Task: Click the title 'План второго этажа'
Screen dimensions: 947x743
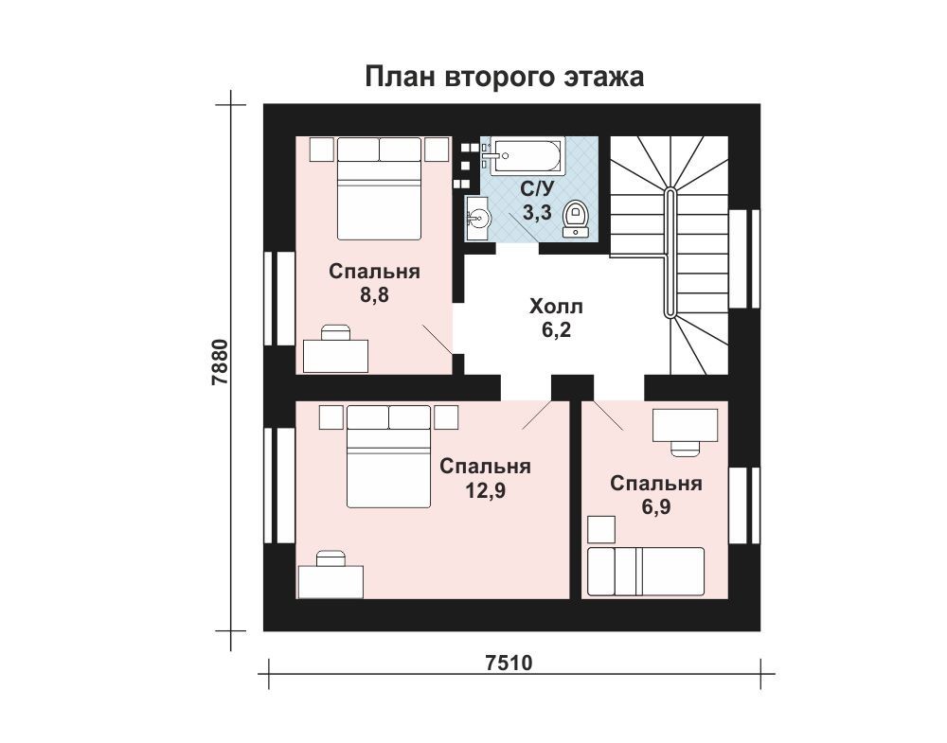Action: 505,78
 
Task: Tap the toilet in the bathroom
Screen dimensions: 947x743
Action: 576,218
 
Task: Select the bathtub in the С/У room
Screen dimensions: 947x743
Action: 527,157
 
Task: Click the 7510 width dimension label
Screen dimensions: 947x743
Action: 509,663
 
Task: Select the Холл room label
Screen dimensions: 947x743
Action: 556,307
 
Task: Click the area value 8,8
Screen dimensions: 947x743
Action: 374,295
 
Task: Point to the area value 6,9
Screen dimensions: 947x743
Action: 656,507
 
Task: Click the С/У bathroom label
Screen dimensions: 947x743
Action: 537,189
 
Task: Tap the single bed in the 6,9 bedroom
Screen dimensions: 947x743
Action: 646,571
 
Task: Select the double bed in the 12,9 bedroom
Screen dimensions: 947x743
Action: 389,456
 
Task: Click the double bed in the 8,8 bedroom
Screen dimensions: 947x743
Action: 379,189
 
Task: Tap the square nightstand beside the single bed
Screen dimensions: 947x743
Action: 601,530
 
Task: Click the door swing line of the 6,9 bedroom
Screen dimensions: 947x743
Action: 608,416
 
